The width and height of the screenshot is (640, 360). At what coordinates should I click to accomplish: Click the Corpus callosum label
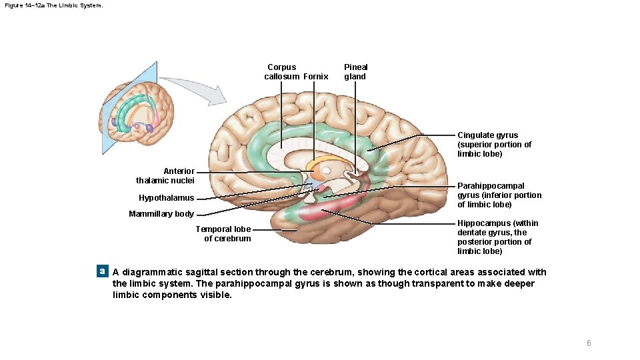[281, 71]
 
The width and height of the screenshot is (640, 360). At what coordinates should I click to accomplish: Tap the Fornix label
[316, 77]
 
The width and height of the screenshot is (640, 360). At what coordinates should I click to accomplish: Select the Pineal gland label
[355, 71]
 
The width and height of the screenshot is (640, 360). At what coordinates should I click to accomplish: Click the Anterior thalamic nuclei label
[165, 176]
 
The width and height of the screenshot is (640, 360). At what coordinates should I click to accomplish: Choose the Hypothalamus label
[167, 198]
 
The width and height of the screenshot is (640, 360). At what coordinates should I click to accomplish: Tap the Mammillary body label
[161, 214]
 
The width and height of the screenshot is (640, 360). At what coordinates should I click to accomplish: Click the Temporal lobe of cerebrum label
[223, 234]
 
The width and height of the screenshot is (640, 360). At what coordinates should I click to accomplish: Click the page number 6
[589, 343]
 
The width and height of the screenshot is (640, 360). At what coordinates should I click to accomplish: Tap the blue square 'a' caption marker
[102, 271]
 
